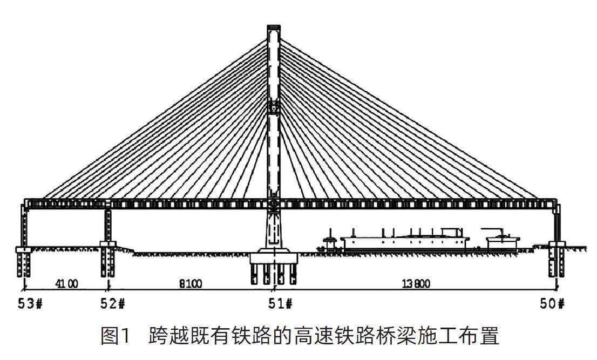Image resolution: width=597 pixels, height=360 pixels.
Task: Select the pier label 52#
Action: (x=112, y=303)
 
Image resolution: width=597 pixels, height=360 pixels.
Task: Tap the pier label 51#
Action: (x=280, y=303)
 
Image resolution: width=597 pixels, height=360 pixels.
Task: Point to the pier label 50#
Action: (x=552, y=303)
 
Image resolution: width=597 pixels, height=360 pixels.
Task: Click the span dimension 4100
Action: (x=66, y=283)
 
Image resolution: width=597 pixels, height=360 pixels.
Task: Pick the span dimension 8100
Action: (x=191, y=283)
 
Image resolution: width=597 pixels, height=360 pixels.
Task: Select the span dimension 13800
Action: (x=417, y=283)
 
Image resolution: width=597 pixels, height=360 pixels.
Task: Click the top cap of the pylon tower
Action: (x=274, y=28)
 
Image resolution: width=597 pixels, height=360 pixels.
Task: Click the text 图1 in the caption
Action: (x=116, y=336)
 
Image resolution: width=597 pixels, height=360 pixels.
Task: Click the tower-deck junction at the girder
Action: (x=274, y=203)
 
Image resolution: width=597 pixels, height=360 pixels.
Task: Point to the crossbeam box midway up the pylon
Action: (x=274, y=107)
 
